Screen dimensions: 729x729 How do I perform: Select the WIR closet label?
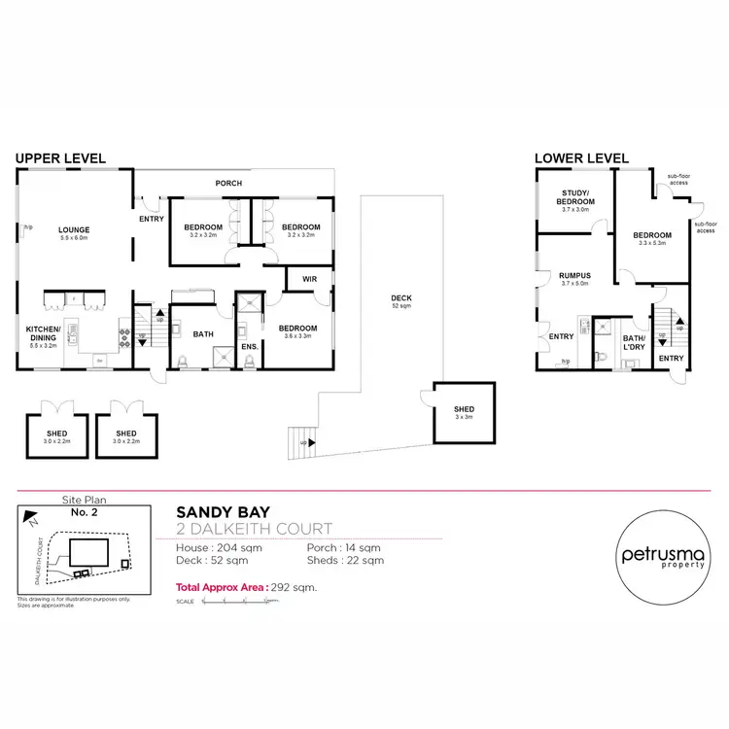[309, 279]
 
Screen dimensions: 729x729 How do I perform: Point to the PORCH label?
[229, 183]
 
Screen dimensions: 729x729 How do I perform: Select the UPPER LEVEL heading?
[59, 157]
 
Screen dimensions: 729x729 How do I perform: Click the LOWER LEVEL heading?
[580, 157]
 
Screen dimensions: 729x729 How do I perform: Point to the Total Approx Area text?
[247, 587]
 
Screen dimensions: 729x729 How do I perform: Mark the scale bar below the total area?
[238, 602]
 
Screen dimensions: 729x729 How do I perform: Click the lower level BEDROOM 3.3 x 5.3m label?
[651, 238]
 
